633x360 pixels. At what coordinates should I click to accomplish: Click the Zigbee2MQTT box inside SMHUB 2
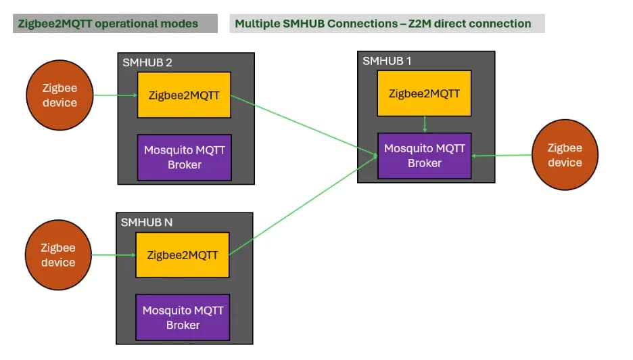click(184, 95)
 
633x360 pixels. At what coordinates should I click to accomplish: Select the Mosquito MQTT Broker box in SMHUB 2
click(184, 157)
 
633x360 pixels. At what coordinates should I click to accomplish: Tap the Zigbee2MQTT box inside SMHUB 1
click(424, 93)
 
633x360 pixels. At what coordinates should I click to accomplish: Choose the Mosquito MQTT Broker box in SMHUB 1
click(424, 156)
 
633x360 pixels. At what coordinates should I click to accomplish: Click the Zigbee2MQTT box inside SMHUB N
click(183, 254)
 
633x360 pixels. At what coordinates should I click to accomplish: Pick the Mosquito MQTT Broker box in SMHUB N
click(183, 317)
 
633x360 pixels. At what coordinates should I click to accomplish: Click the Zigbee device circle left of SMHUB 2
click(60, 95)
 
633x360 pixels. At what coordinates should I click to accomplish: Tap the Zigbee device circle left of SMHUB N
click(57, 255)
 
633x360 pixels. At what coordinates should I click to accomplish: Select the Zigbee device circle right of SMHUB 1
click(565, 155)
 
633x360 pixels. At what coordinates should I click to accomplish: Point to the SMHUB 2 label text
click(147, 62)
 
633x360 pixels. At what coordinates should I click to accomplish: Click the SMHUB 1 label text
click(387, 60)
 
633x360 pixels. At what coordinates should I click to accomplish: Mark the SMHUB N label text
click(146, 222)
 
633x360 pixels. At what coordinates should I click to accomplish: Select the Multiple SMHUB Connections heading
click(383, 24)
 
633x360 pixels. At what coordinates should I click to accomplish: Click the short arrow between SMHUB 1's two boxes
click(424, 125)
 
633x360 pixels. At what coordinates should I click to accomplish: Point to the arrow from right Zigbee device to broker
click(502, 156)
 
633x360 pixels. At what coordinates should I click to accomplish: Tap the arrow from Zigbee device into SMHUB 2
click(115, 95)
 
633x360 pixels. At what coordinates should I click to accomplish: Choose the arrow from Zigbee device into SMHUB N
click(114, 255)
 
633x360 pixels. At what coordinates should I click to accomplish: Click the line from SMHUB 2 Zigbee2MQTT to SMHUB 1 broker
click(304, 126)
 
